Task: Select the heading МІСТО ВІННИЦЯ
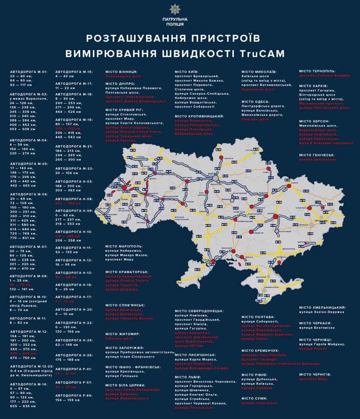click(122, 71)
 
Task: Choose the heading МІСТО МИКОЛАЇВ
click(259, 71)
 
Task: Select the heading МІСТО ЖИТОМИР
click(123, 333)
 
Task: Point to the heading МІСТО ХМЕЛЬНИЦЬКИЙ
click(322, 307)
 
